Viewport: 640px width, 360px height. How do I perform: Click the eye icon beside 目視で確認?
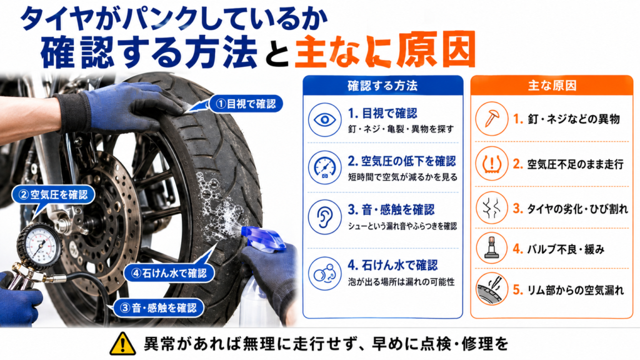click(x=325, y=120)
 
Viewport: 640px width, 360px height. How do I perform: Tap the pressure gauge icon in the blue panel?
click(x=325, y=167)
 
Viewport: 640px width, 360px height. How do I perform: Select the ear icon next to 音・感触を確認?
click(x=325, y=217)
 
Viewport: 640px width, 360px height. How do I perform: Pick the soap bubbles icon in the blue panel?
click(x=325, y=273)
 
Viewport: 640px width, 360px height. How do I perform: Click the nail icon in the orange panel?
click(x=491, y=119)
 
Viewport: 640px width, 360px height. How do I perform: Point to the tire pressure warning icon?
click(x=491, y=164)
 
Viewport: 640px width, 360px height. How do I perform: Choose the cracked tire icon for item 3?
click(x=491, y=208)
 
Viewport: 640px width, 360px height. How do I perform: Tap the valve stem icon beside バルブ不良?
click(x=491, y=248)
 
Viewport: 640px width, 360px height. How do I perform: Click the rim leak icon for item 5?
click(x=491, y=289)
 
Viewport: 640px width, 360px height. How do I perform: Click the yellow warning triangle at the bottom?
click(x=122, y=344)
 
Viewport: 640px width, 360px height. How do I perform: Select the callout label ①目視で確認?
click(x=246, y=104)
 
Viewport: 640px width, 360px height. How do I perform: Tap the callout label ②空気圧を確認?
click(x=53, y=195)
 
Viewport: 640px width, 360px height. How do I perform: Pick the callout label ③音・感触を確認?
click(x=158, y=307)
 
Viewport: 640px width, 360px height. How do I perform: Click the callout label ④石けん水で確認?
click(x=169, y=273)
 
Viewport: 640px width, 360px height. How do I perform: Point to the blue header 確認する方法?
click(x=382, y=86)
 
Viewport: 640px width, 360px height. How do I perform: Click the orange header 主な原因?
click(x=552, y=86)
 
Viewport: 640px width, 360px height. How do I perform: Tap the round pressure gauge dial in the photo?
click(x=39, y=246)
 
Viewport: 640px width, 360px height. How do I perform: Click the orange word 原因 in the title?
click(x=436, y=50)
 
